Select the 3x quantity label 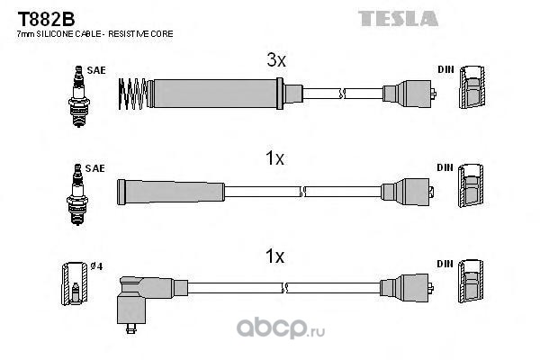tap(275, 61)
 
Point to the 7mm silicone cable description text tap(94, 33)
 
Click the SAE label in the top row tap(95, 69)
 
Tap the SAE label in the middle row tap(95, 167)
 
